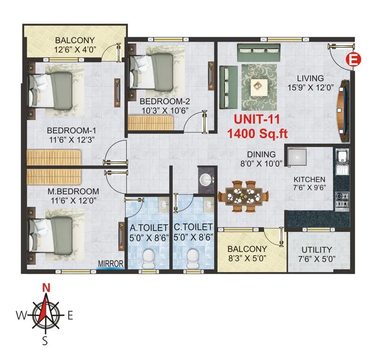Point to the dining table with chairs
point(244,196)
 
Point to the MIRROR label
point(111,263)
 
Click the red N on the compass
point(46,288)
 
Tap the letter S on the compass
point(45,340)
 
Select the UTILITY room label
point(317,250)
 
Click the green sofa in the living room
point(229,87)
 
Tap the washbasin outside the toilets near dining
point(206,180)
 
